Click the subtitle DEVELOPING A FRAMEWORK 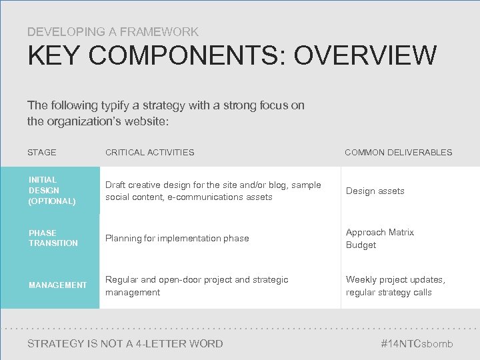[113, 31]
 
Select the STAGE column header [42, 153]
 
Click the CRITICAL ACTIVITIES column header [150, 153]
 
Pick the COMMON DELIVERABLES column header [398, 153]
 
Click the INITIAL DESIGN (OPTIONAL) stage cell [52, 190]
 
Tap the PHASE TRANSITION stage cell [53, 238]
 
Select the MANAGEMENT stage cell [57, 285]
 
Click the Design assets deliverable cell [375, 191]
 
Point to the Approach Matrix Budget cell [379, 239]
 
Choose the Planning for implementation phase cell [177, 238]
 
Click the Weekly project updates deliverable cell [395, 286]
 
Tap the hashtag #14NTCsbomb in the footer [417, 344]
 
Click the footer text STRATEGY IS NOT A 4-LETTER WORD [125, 344]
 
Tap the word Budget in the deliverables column [361, 245]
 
